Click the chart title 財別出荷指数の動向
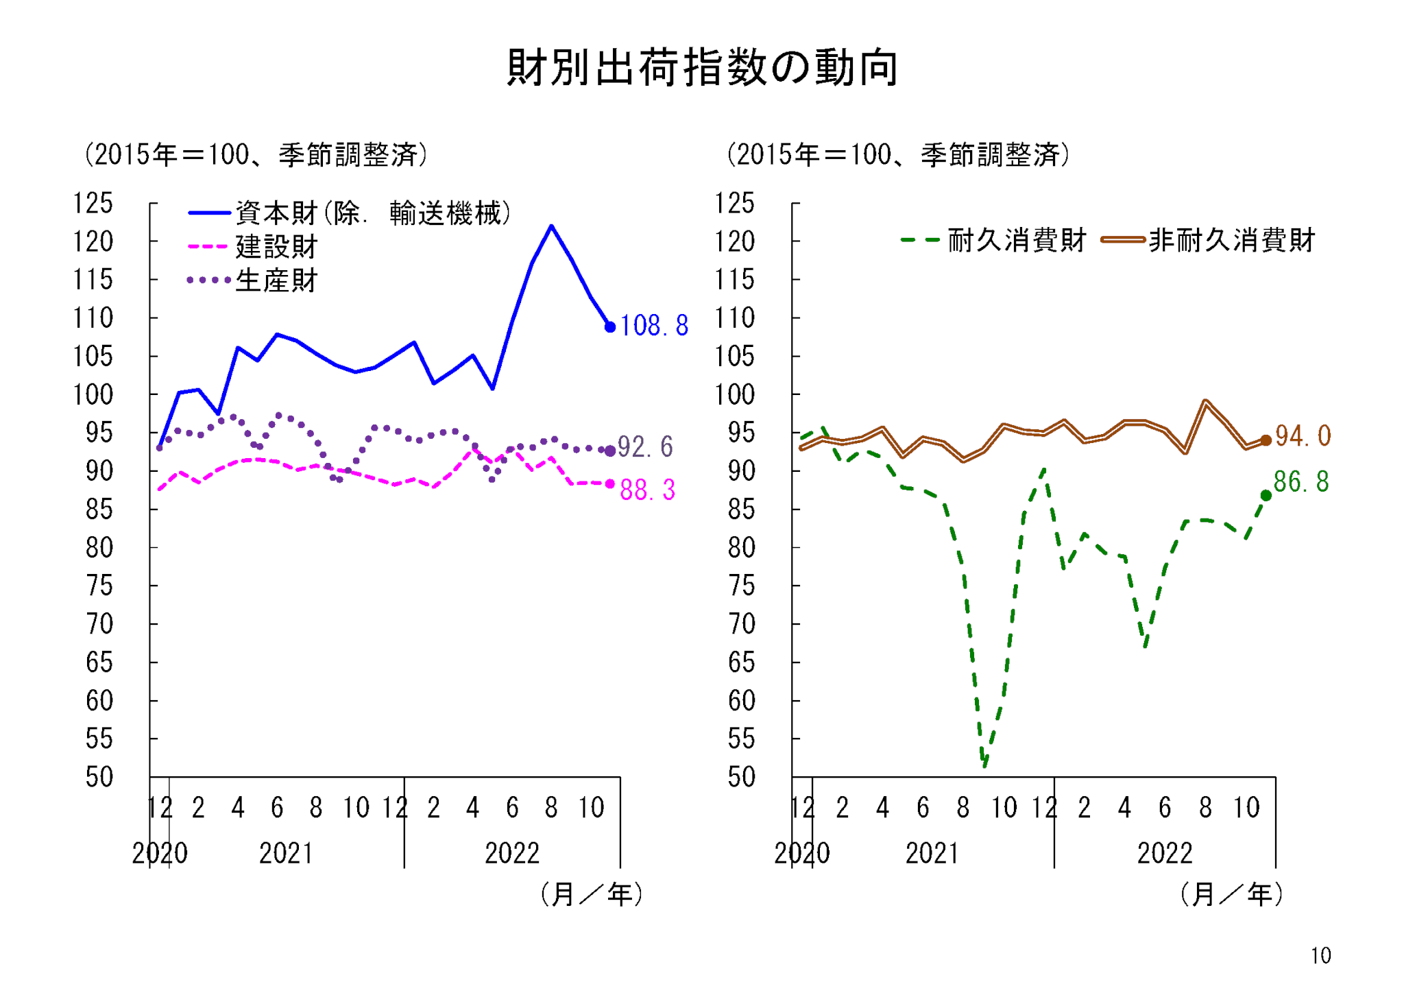point(702,68)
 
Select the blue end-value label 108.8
point(654,326)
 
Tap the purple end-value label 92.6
point(645,447)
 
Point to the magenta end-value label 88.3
point(647,490)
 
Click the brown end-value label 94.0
point(1303,436)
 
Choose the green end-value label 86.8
point(1301,482)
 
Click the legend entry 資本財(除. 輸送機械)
point(350,213)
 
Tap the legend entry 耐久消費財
point(993,240)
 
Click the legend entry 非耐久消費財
point(1208,240)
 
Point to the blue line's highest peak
point(551,226)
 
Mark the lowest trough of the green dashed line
point(984,765)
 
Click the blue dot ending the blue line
point(610,327)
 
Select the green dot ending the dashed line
point(1266,495)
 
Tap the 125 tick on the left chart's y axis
point(93,204)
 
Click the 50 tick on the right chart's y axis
point(741,777)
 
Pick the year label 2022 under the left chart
point(512,854)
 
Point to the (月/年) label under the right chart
point(1231,894)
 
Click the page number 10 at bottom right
point(1321,955)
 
